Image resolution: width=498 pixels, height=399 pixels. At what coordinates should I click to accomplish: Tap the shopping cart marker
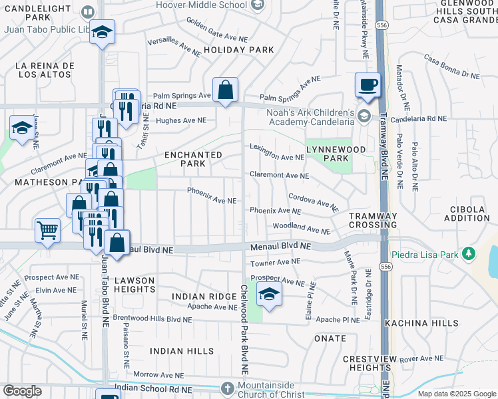[47, 231]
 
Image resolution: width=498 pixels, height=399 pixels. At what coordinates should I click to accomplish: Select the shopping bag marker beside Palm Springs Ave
[226, 90]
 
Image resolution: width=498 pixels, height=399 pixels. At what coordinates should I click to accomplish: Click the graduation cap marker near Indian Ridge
[269, 296]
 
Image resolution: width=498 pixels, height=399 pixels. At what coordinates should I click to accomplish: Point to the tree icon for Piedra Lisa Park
[469, 253]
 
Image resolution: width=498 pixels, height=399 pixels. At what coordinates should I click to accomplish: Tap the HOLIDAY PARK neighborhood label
[239, 50]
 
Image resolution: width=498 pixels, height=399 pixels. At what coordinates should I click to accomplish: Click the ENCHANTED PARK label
[193, 159]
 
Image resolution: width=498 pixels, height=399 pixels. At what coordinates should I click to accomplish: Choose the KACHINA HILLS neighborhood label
[421, 323]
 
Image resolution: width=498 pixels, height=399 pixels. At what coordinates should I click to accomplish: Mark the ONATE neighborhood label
[330, 337]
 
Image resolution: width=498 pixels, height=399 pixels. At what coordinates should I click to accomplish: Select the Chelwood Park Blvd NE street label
[244, 329]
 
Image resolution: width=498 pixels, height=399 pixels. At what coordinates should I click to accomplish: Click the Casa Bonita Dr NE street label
[451, 67]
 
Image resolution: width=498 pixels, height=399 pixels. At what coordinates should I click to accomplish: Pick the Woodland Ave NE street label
[300, 229]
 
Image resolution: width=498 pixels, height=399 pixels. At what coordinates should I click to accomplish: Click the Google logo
[22, 391]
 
